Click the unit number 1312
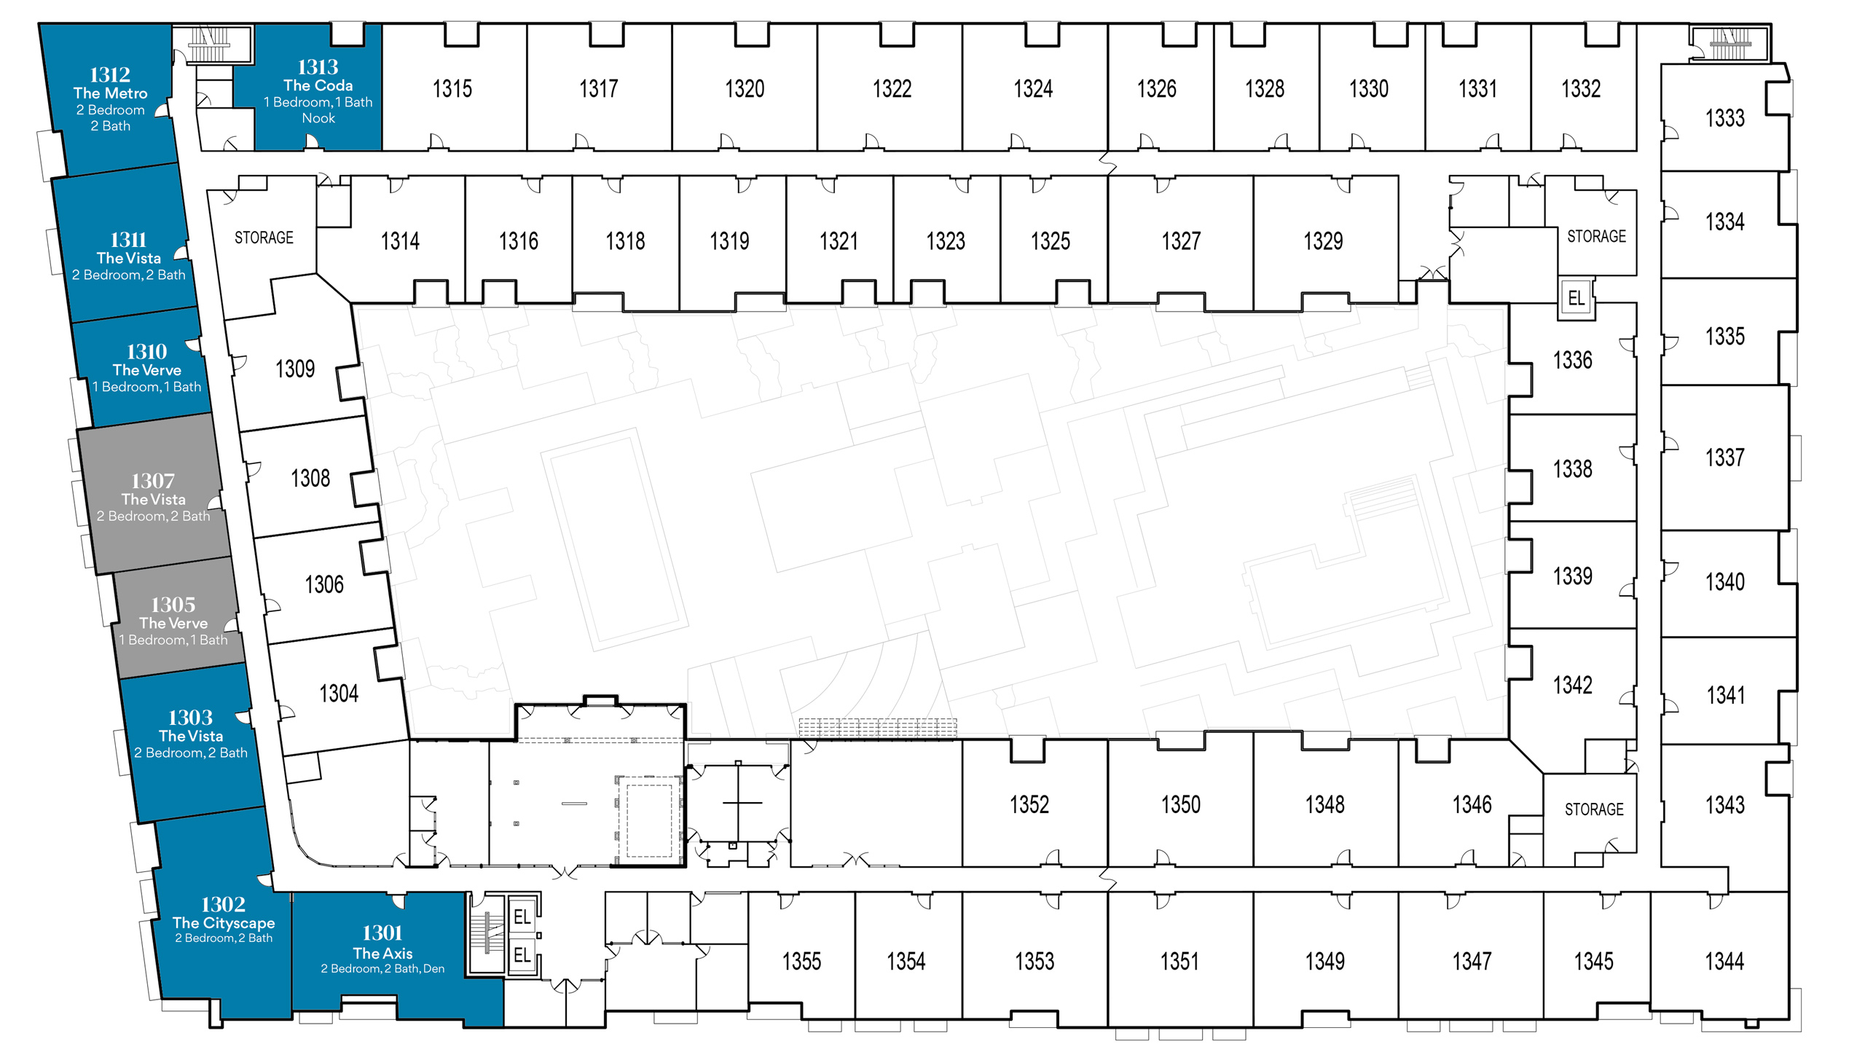[x=110, y=74]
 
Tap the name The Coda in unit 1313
[x=318, y=85]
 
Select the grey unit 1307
[x=154, y=493]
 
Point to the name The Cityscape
[x=224, y=922]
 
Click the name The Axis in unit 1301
[x=382, y=953]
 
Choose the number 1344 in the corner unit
[x=1724, y=961]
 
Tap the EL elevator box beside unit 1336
[x=1576, y=298]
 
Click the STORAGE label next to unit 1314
[x=264, y=237]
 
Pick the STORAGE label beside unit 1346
[x=1594, y=809]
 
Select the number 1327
[x=1181, y=241]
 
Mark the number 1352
[x=1029, y=804]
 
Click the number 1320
[x=745, y=89]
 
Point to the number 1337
[x=1725, y=458]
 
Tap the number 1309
[x=295, y=369]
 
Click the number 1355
[x=801, y=961]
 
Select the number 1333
[x=1725, y=118]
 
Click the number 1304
[x=339, y=693]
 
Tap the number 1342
[x=1573, y=685]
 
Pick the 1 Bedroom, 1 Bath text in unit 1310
[x=146, y=387]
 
